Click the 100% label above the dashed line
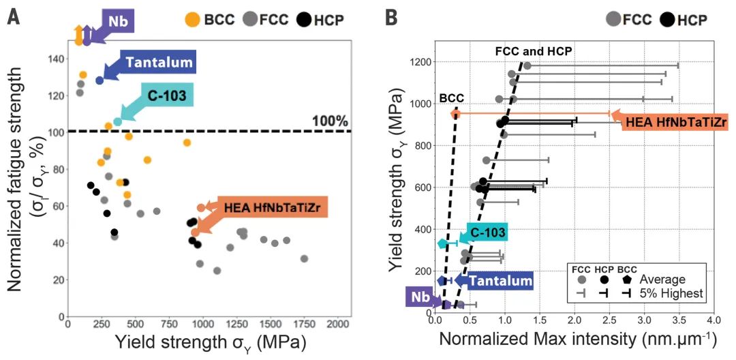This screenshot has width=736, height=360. click(x=330, y=121)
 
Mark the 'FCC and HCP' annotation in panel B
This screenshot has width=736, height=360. click(x=533, y=51)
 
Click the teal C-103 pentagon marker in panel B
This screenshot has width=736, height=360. click(x=442, y=243)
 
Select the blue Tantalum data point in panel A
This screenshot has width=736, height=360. click(x=99, y=80)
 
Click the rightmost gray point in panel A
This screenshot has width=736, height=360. click(x=304, y=258)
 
